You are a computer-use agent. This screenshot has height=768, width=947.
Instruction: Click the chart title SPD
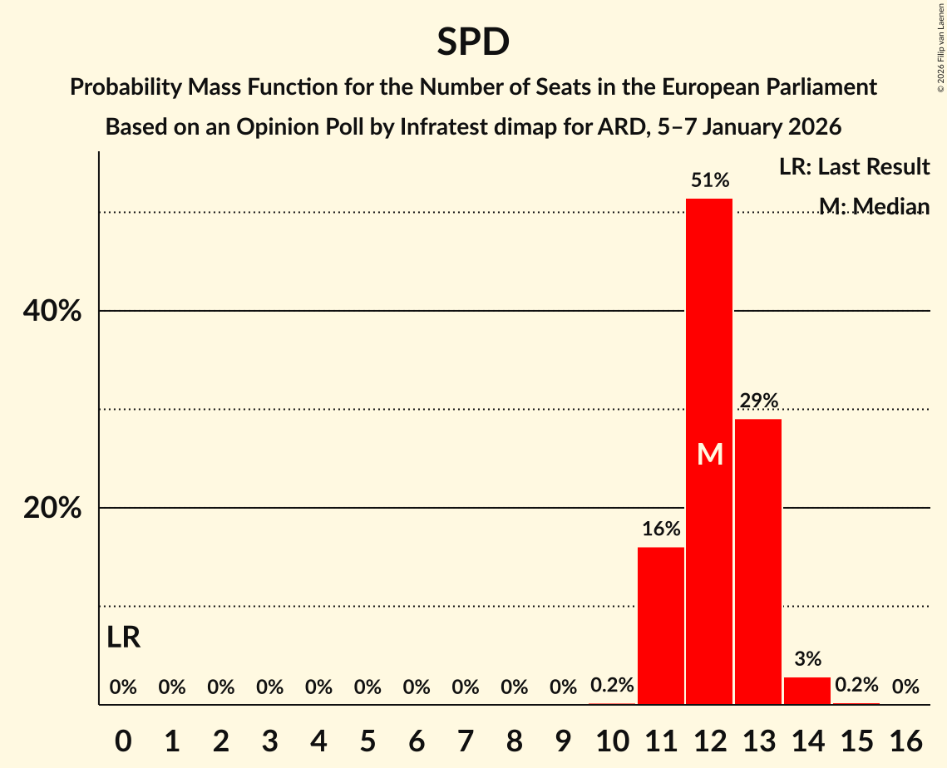click(x=473, y=42)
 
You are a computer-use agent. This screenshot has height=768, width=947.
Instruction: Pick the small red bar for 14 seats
click(x=807, y=691)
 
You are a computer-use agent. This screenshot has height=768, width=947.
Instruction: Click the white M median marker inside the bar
click(x=710, y=454)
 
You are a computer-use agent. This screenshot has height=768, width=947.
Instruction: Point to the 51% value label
click(x=710, y=180)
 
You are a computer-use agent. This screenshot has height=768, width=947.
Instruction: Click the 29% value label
click(x=758, y=401)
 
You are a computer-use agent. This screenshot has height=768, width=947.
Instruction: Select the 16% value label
click(x=661, y=529)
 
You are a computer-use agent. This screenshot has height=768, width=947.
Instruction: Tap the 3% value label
click(x=807, y=659)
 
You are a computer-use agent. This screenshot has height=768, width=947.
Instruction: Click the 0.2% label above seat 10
click(x=612, y=686)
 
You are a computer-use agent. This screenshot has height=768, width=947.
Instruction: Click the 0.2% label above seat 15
click(x=856, y=686)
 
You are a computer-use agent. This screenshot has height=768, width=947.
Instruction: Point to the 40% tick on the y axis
click(x=52, y=311)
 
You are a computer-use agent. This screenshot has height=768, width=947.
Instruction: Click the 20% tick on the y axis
click(x=52, y=508)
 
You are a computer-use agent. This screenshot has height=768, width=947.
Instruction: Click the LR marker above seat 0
click(x=124, y=638)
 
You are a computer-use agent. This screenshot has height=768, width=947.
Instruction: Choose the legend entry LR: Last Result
click(x=854, y=167)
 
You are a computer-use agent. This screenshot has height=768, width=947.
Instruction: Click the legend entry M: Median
click(x=874, y=206)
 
